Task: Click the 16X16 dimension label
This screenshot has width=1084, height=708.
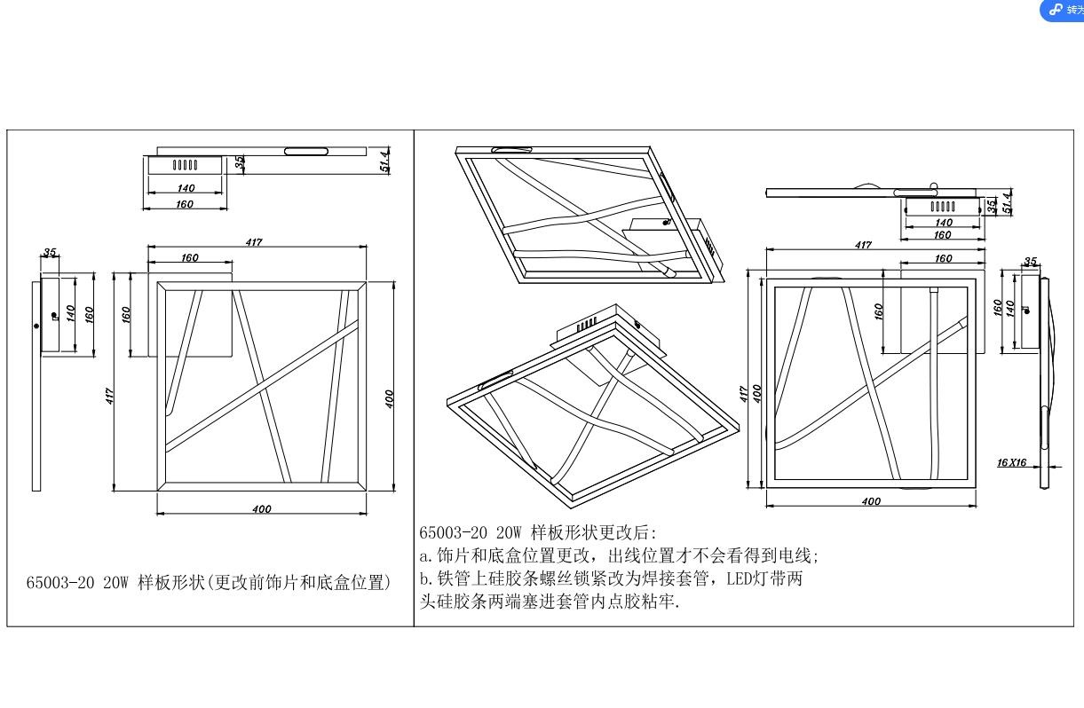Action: pyautogui.click(x=1011, y=462)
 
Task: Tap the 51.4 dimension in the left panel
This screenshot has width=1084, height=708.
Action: pyautogui.click(x=387, y=161)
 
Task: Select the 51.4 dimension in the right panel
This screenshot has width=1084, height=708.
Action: pyautogui.click(x=1007, y=202)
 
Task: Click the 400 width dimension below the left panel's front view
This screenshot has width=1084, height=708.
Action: pyautogui.click(x=261, y=509)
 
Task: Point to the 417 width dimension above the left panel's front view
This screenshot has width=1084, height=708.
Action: pyautogui.click(x=255, y=242)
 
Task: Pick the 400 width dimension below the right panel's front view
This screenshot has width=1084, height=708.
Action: pyautogui.click(x=871, y=501)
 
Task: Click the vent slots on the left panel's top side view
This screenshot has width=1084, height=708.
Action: pyautogui.click(x=185, y=164)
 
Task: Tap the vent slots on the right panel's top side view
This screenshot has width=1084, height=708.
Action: pyautogui.click(x=943, y=206)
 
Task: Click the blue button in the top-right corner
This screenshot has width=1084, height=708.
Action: pyautogui.click(x=1064, y=10)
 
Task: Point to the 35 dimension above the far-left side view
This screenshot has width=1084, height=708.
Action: pyautogui.click(x=50, y=253)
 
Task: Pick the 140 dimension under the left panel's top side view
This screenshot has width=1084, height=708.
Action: pyautogui.click(x=186, y=188)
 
